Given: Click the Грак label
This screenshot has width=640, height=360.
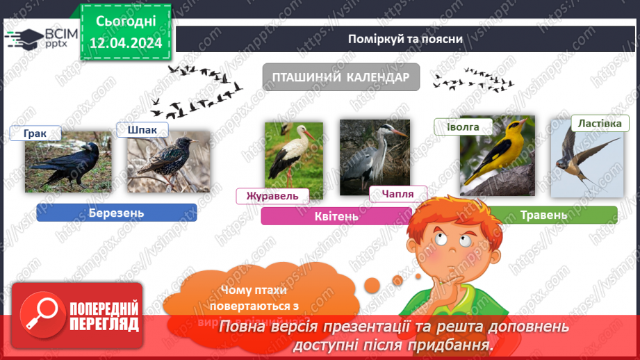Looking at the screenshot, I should (35, 133).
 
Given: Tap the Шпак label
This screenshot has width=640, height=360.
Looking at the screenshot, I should (142, 130).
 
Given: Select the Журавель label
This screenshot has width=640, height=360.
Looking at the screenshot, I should (272, 196).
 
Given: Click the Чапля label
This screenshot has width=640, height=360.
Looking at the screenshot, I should (397, 195).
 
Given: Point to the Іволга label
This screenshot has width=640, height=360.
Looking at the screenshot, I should (463, 126).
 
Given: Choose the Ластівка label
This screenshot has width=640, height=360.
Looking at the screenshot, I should (600, 123).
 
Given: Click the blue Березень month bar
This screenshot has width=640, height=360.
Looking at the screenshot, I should (116, 213).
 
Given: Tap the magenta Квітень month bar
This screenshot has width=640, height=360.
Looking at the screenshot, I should (336, 216).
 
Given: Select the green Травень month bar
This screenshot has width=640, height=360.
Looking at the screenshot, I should (543, 215).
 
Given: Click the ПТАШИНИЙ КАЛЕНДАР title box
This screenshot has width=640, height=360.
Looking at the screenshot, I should (340, 77).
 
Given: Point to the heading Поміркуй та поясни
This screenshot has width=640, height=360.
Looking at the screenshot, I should (406, 38).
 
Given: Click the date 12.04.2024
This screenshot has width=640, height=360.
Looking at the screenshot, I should (126, 44).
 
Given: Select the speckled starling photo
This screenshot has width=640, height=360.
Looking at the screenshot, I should (168, 164).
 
